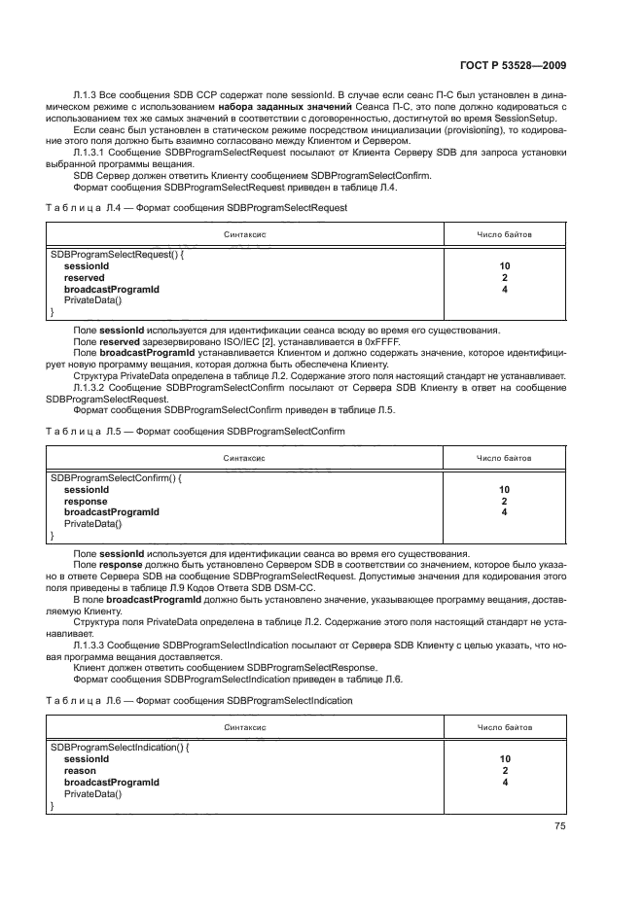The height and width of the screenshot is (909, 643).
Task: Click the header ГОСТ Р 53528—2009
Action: click(521, 65)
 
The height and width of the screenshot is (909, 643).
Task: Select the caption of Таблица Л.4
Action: click(197, 208)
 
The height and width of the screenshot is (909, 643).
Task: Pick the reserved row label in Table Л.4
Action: click(84, 278)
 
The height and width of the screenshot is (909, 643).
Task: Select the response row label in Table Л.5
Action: click(86, 502)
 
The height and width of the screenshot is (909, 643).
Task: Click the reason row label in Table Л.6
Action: click(80, 770)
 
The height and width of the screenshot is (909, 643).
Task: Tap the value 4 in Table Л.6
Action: click(505, 782)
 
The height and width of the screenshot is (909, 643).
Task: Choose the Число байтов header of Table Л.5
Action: click(504, 458)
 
